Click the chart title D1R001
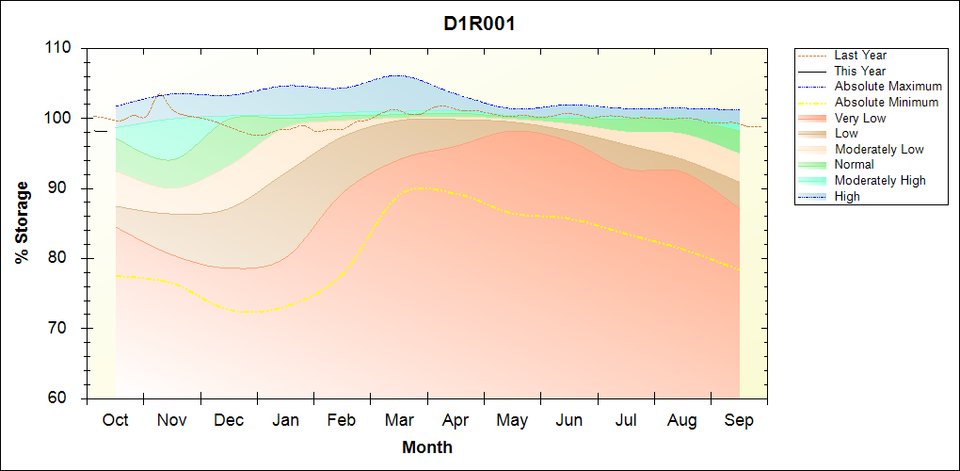[x=479, y=24]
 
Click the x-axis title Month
[x=426, y=447]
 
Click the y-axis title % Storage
[x=22, y=222]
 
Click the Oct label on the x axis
[x=116, y=420]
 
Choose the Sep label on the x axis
[x=739, y=420]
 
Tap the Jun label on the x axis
[x=568, y=420]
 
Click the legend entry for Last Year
[x=860, y=56]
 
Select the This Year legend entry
[x=860, y=71]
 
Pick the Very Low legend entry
[x=860, y=118]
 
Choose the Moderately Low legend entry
[x=879, y=149]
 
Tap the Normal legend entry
[x=854, y=164]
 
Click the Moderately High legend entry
[x=880, y=180]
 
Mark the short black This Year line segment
[x=101, y=131]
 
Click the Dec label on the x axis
[x=229, y=420]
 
